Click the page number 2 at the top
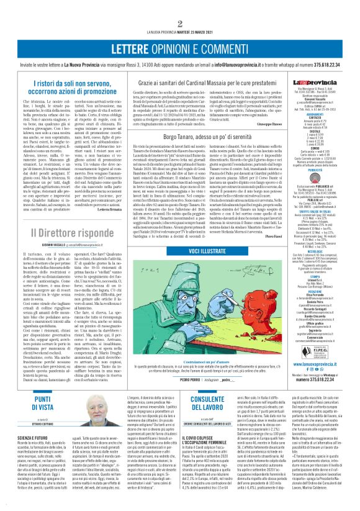click(x=180, y=25)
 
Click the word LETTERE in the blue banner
click(x=135, y=48)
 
